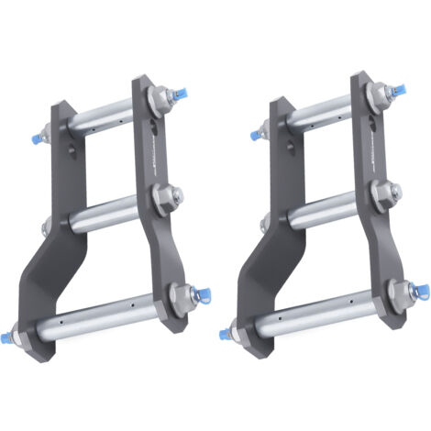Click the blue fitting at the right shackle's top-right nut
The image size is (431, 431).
pos(399,91)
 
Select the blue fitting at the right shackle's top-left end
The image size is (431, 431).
pos(253,136)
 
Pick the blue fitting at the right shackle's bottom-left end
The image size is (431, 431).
pos(224,335)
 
